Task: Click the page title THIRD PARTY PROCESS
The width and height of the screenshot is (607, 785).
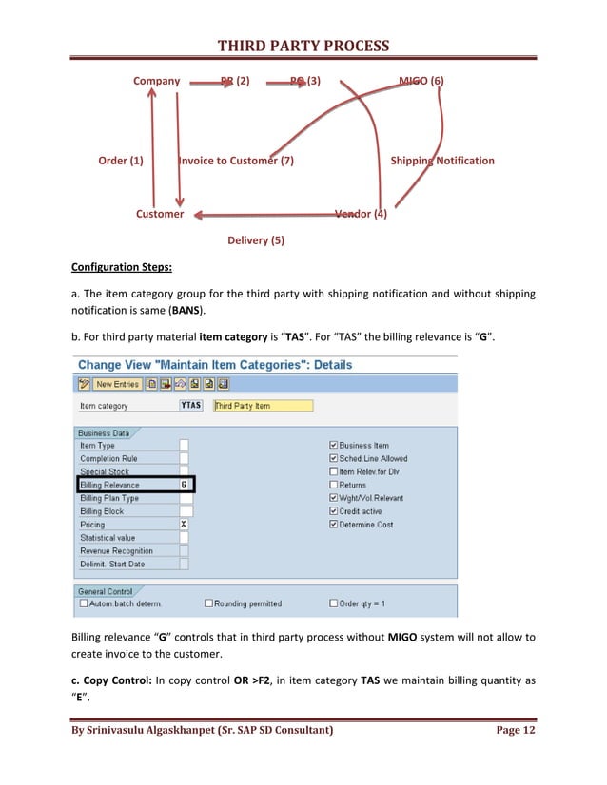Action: [303, 46]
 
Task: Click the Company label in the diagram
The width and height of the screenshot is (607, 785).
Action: [156, 82]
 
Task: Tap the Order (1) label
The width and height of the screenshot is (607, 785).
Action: [121, 161]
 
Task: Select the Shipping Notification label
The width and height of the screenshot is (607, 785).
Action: [442, 161]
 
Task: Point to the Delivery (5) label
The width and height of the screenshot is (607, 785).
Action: [256, 240]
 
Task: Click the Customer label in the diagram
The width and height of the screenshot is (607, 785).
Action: [160, 214]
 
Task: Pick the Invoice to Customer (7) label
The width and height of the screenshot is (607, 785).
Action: [237, 161]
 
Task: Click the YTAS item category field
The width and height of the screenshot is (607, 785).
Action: [190, 406]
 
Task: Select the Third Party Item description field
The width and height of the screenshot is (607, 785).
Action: [262, 406]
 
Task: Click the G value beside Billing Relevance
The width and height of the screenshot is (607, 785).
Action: [184, 485]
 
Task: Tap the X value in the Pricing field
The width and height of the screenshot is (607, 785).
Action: [184, 525]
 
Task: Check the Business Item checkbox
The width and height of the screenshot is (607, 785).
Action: [333, 445]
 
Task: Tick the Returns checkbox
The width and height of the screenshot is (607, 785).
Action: [333, 485]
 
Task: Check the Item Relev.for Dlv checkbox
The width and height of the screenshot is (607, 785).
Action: [333, 471]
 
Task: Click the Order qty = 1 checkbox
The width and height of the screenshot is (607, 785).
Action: [333, 603]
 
